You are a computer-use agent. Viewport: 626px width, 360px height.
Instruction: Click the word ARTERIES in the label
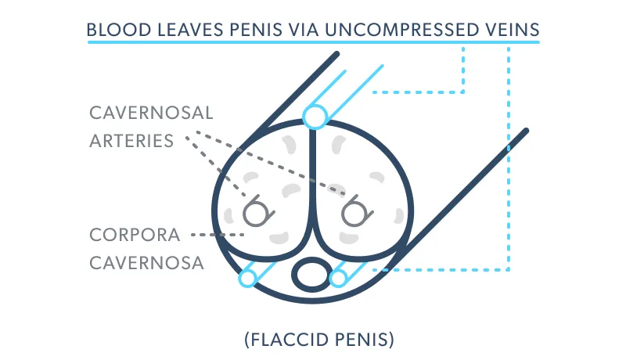[131, 141]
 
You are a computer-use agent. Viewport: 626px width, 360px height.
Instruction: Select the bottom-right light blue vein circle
[338, 277]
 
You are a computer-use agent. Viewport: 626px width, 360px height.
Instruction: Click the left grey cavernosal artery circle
[255, 211]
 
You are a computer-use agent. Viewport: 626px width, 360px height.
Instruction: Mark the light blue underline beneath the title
[313, 42]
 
